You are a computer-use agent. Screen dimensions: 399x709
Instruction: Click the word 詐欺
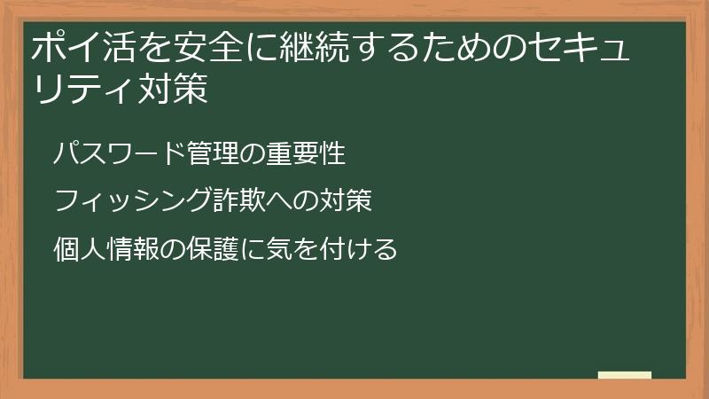[241, 201]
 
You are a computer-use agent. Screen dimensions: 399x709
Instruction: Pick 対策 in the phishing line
[342, 201]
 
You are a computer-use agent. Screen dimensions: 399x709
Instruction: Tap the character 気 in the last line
[281, 248]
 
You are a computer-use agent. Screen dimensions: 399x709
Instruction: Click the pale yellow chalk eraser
[625, 375]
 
